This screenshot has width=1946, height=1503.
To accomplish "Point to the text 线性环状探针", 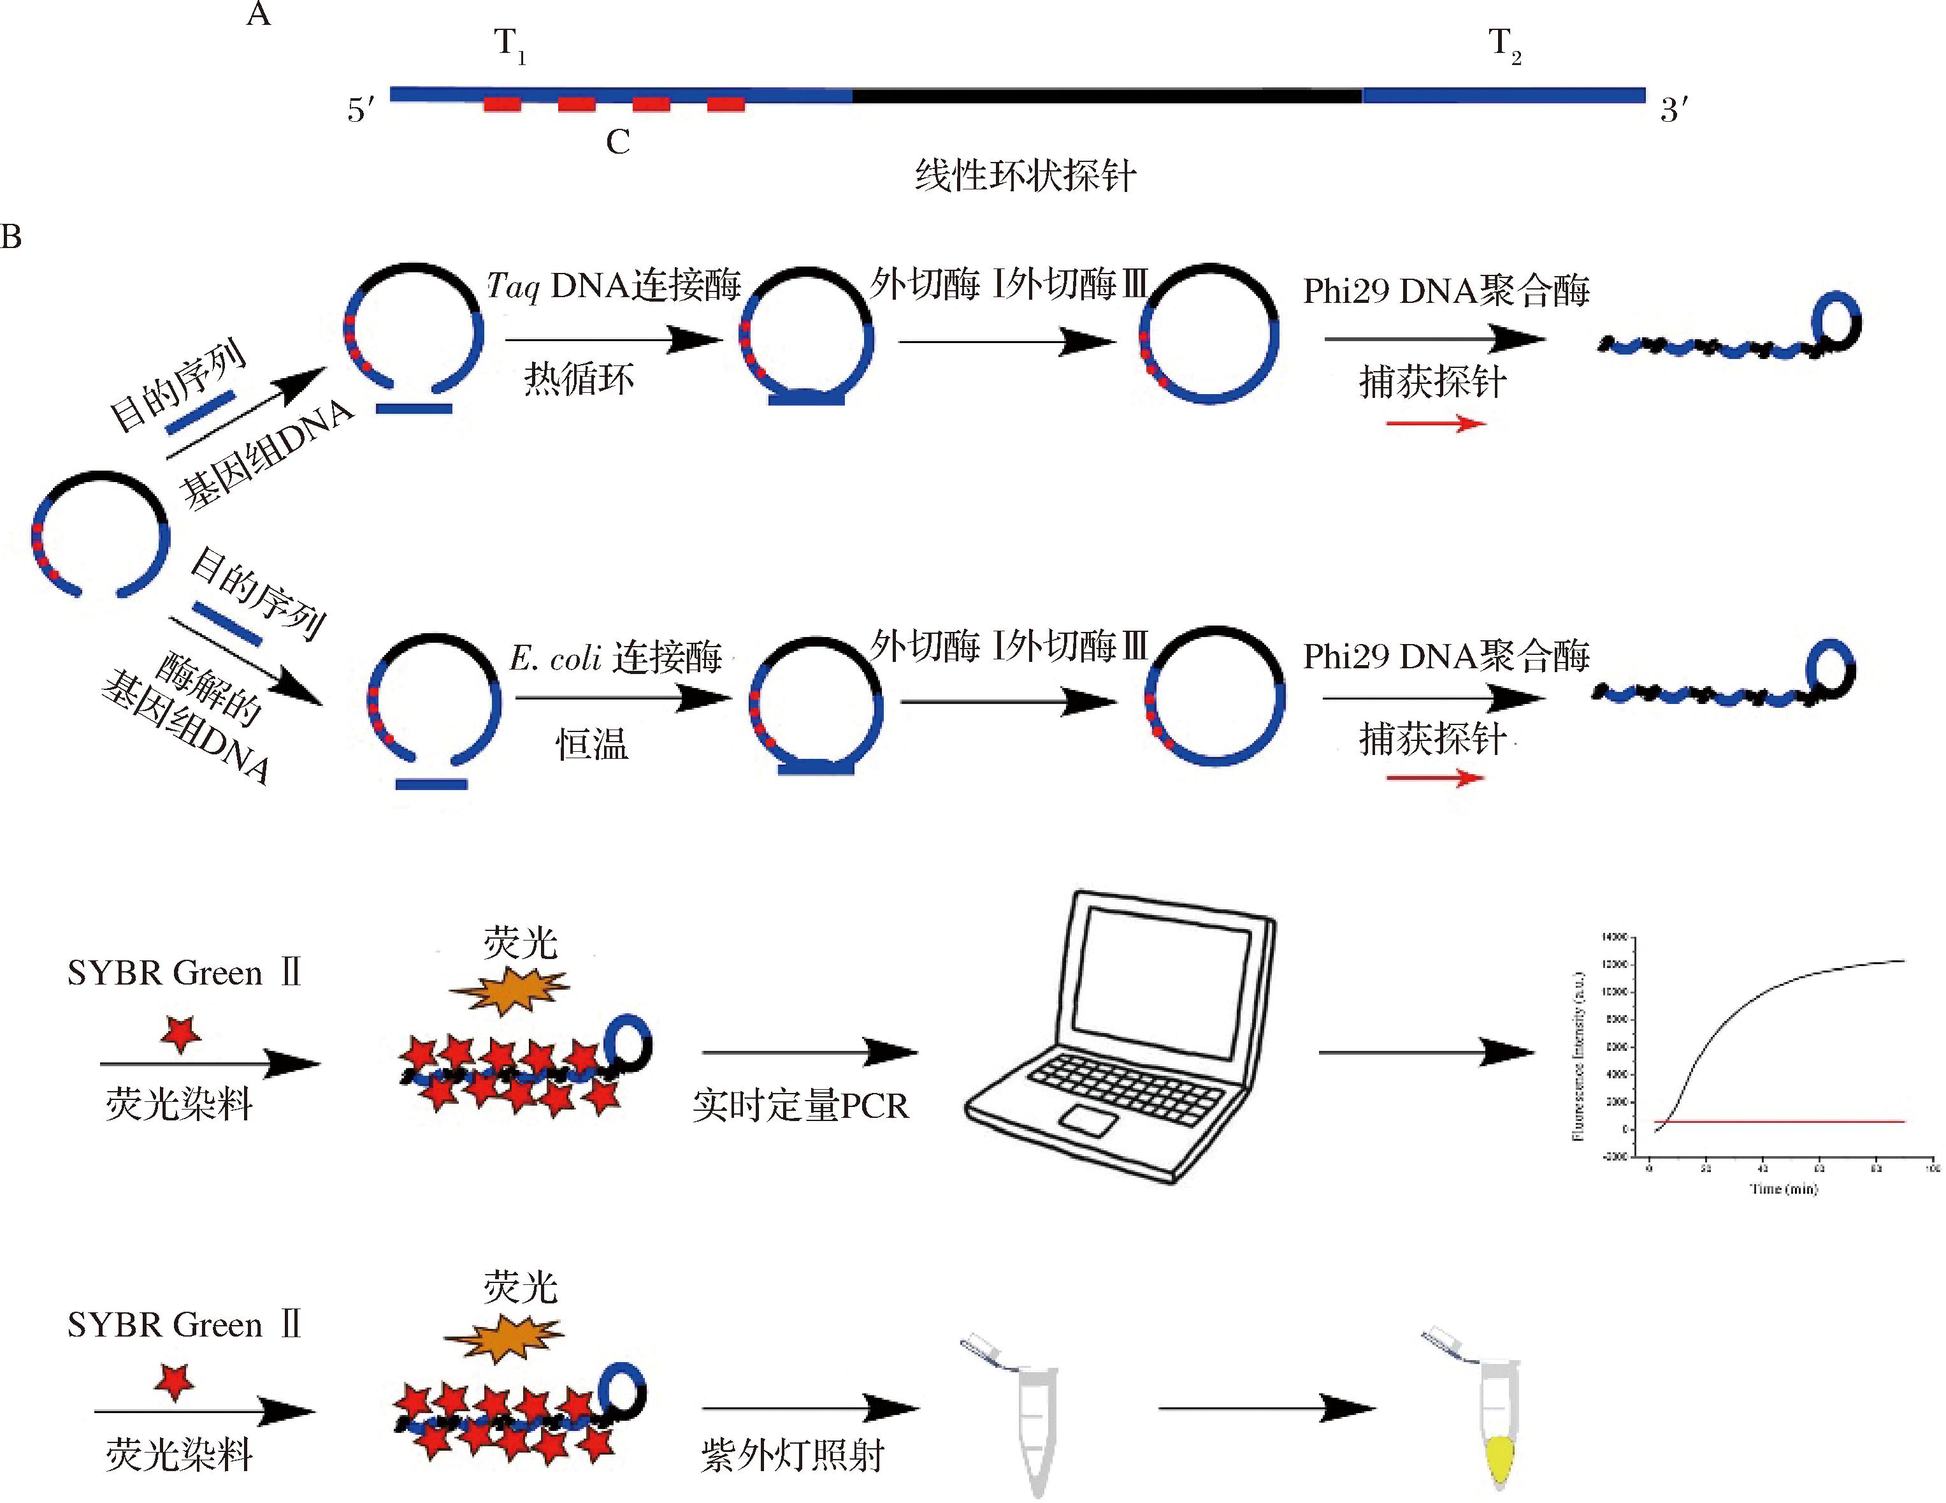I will [1025, 175].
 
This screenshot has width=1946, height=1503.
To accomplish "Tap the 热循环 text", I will [579, 379].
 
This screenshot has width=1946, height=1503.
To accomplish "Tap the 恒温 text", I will [592, 744].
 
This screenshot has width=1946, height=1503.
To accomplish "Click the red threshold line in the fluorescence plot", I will [1782, 1122].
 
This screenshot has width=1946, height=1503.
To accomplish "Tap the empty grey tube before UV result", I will [1035, 1426].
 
